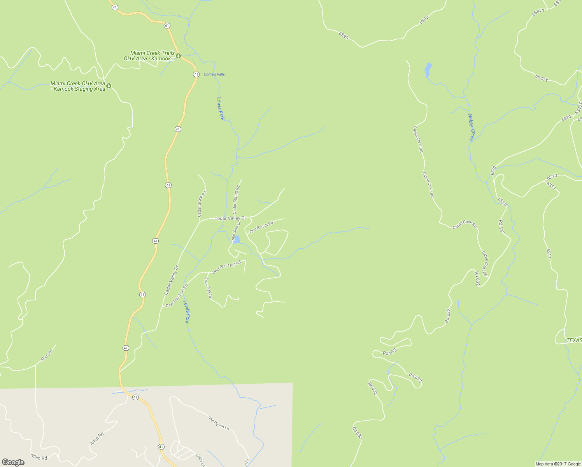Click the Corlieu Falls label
(214, 74)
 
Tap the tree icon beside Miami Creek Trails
(178, 56)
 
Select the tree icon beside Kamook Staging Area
(109, 86)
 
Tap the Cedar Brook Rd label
(202, 204)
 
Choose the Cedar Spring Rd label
(236, 199)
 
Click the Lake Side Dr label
(236, 232)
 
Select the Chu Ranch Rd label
(261, 227)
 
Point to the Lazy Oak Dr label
(208, 288)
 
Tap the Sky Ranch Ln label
(219, 423)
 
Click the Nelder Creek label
(471, 127)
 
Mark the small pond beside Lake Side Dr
(237, 239)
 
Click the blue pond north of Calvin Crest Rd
(428, 70)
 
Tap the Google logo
(13, 462)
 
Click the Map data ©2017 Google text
(558, 464)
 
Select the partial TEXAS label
(574, 340)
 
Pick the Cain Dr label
(200, 460)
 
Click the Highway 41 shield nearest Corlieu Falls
(196, 74)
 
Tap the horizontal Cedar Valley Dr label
(230, 218)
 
